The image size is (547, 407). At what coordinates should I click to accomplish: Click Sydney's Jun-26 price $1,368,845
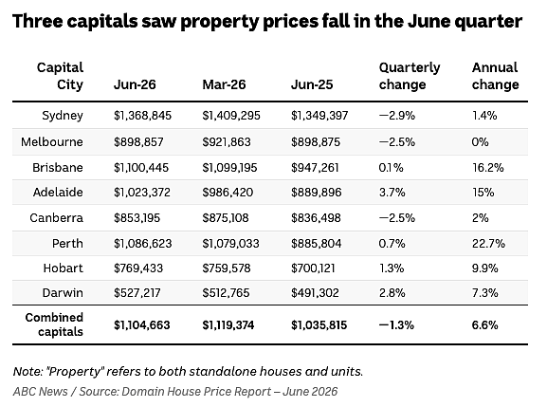click(x=143, y=116)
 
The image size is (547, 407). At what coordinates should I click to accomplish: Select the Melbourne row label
click(x=52, y=141)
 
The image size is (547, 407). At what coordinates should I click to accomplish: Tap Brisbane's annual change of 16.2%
click(x=488, y=168)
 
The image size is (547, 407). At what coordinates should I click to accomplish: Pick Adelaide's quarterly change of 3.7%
click(x=392, y=193)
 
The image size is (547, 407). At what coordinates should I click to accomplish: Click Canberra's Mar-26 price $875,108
click(x=226, y=218)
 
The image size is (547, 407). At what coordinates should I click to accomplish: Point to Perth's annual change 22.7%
click(x=488, y=243)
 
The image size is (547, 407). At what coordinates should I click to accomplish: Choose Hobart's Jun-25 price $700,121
click(x=313, y=268)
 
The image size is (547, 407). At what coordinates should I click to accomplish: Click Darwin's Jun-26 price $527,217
click(x=137, y=292)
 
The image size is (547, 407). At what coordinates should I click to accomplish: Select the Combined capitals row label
click(x=54, y=324)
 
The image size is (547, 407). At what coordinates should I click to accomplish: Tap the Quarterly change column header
click(x=410, y=76)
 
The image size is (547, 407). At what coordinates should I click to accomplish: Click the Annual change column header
click(x=496, y=76)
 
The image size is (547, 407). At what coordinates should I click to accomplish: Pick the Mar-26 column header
click(x=224, y=84)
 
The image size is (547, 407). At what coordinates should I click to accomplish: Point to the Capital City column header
click(x=60, y=76)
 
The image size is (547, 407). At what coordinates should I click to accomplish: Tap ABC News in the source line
click(x=41, y=391)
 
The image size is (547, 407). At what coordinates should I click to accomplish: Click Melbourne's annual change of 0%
click(x=481, y=141)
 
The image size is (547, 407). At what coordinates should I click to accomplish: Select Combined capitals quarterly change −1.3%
click(x=396, y=325)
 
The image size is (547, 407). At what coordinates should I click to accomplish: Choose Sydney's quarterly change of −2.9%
click(x=397, y=116)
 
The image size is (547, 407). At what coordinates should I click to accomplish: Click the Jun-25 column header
click(x=312, y=84)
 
